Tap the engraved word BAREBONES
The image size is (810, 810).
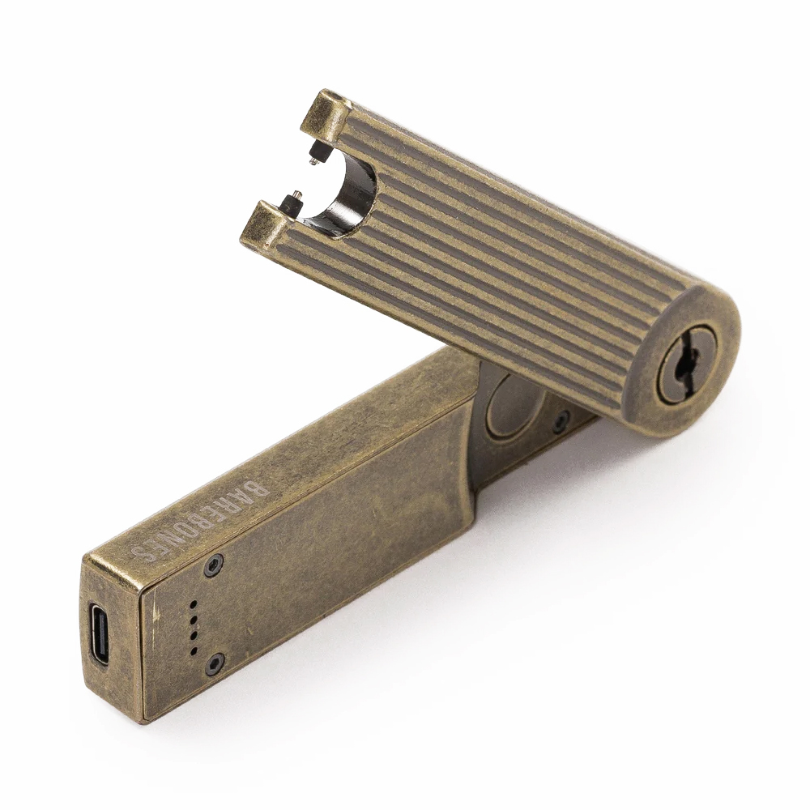pos(199,522)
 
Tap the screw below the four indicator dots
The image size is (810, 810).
pos(216,661)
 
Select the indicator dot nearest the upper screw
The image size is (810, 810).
pos(194,604)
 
